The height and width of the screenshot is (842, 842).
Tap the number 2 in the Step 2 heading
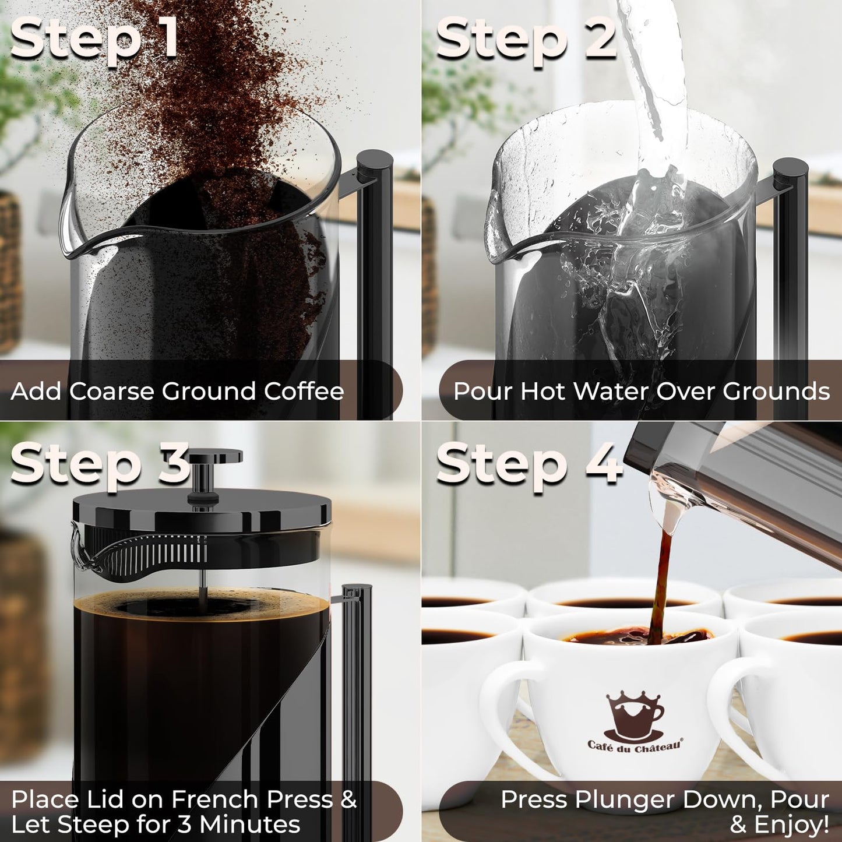click(600, 38)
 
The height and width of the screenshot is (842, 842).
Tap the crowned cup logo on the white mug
click(634, 717)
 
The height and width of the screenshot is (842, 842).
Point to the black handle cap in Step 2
click(790, 169)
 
